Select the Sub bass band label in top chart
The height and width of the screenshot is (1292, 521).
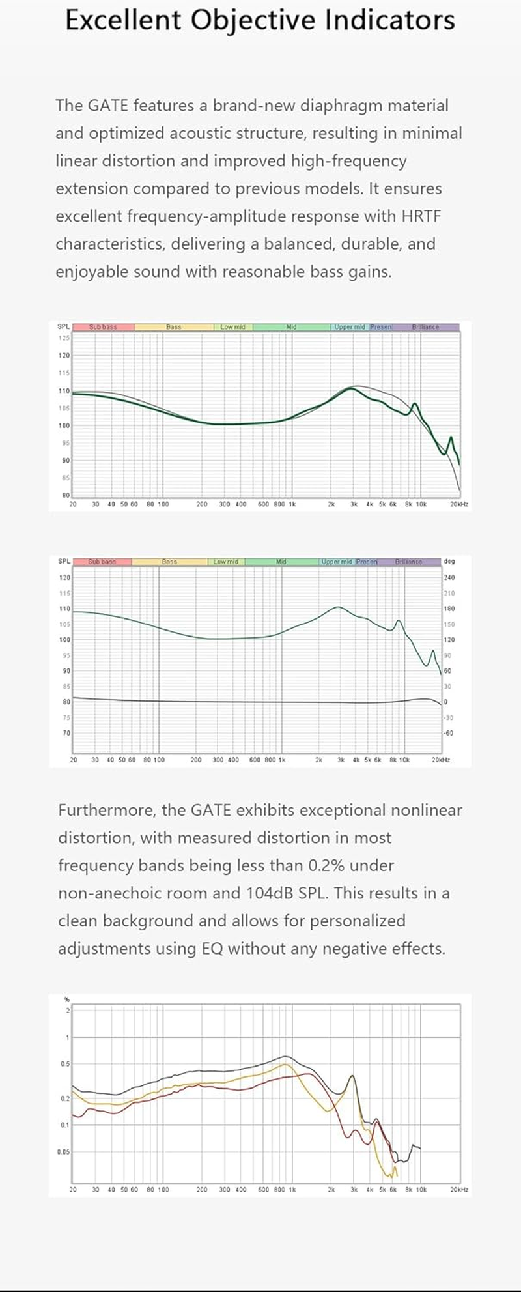point(103,327)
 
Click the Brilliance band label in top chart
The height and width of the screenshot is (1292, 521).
point(425,327)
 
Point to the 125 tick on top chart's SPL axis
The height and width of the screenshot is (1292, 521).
point(64,338)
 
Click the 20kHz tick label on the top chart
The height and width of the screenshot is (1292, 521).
point(458,504)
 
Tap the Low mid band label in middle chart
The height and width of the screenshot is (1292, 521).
point(226,562)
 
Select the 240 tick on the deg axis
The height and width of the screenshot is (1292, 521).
point(449,577)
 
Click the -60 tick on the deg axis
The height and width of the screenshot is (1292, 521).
point(449,733)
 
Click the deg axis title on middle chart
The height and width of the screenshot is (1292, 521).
point(449,561)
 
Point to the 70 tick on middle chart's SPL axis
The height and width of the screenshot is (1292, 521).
point(66,733)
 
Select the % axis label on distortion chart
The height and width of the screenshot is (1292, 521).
point(66,999)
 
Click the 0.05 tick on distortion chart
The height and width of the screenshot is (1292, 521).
point(63,1152)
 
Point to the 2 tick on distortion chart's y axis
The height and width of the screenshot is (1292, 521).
point(66,1011)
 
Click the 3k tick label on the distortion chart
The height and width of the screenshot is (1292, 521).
point(354,1190)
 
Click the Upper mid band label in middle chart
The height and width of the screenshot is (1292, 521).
point(337,562)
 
